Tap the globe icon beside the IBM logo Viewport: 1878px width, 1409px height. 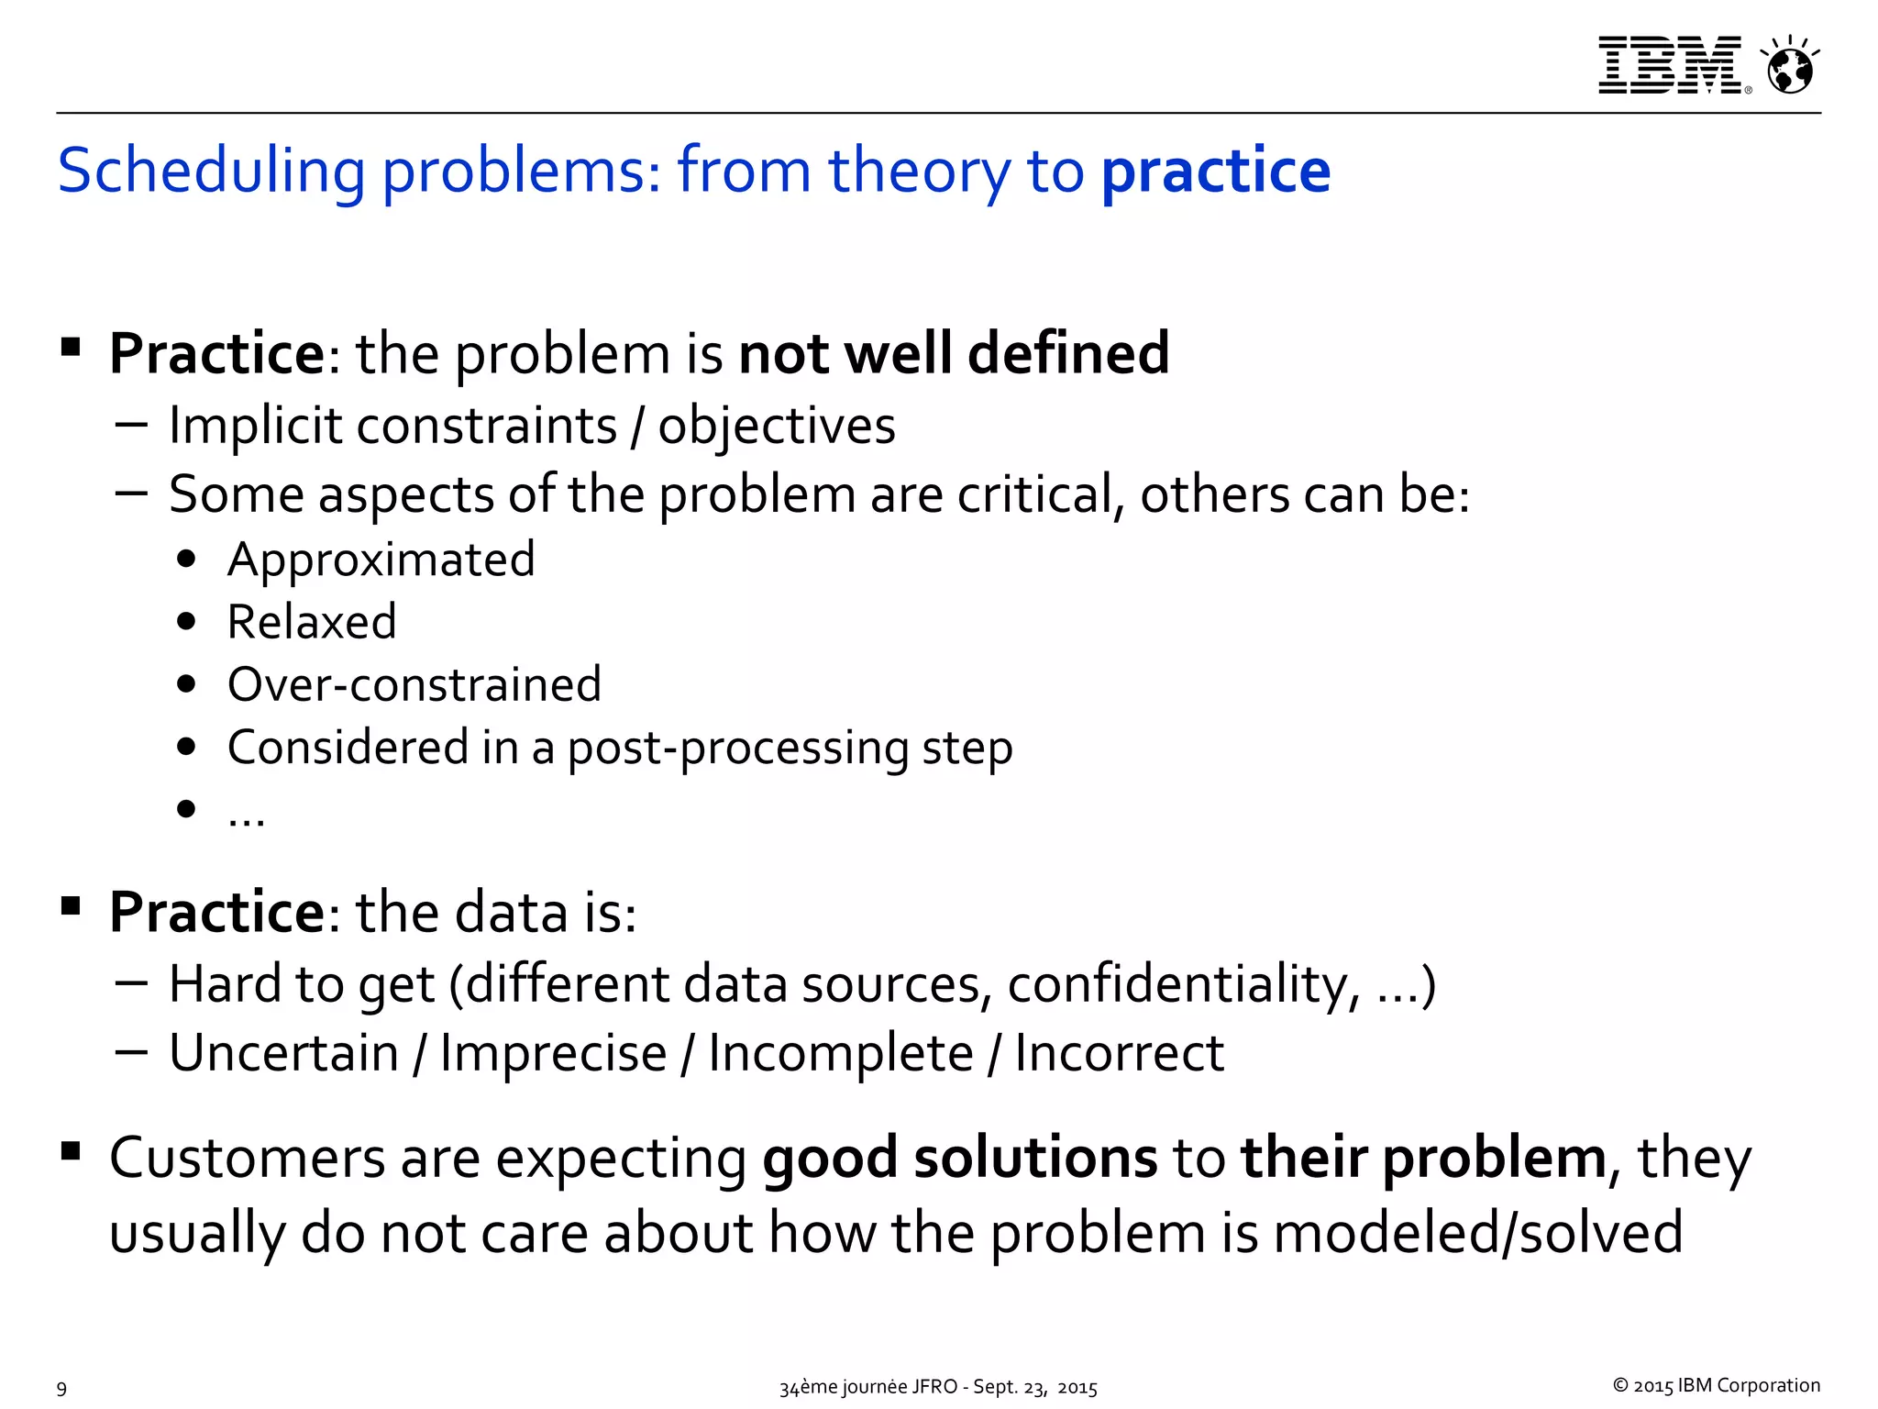[1789, 67]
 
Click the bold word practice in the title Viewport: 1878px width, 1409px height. [1215, 172]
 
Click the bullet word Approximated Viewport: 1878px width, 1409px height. [381, 560]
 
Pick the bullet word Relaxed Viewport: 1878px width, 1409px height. [312, 622]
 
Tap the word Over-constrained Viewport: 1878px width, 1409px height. [414, 684]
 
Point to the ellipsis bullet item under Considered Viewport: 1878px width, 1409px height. [246, 811]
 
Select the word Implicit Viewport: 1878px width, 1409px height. [255, 427]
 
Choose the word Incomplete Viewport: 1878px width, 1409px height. [840, 1053]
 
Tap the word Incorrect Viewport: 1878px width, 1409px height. [1119, 1053]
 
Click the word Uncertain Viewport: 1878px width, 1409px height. [283, 1053]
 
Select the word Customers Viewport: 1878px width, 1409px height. [247, 1158]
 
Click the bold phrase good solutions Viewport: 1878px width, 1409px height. [960, 1158]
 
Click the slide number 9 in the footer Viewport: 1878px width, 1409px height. [61, 1388]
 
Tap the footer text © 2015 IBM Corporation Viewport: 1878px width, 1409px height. [1716, 1385]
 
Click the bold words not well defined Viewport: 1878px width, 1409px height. [954, 354]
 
